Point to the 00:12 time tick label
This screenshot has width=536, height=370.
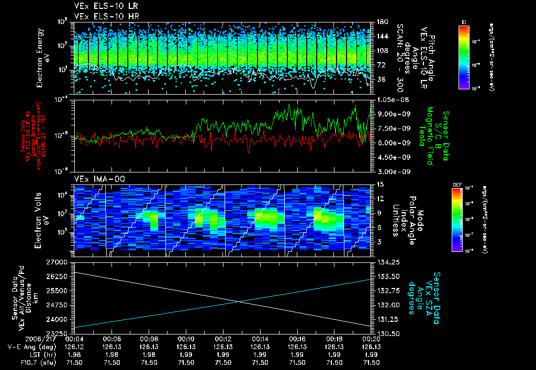point(224,339)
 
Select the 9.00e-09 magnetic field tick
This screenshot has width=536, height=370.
point(390,113)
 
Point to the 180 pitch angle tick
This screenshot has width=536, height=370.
point(382,22)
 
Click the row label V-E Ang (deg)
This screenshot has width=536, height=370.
point(31,346)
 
